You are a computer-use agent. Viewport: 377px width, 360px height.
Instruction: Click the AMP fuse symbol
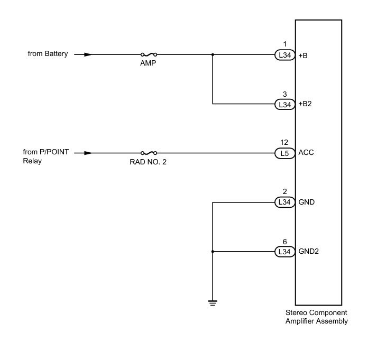point(149,54)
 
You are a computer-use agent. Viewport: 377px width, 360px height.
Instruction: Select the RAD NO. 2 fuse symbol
point(149,153)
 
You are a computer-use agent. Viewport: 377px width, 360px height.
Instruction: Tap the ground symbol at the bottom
point(212,302)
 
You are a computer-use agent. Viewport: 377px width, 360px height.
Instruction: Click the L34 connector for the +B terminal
point(284,54)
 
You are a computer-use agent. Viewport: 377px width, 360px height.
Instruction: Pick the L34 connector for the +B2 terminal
point(284,104)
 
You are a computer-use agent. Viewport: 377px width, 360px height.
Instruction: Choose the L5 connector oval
point(284,153)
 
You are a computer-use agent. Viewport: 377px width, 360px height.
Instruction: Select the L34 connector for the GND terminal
point(284,202)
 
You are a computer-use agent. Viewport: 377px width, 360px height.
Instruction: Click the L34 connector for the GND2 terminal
point(284,252)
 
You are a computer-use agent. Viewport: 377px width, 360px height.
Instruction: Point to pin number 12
point(284,143)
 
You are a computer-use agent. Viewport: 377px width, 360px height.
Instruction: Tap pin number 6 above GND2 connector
point(284,242)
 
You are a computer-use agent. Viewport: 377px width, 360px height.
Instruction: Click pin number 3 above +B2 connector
point(284,94)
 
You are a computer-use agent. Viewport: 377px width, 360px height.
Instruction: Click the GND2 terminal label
point(308,252)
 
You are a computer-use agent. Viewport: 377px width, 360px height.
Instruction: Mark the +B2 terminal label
point(305,104)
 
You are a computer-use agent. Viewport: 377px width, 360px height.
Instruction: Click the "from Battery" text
point(48,54)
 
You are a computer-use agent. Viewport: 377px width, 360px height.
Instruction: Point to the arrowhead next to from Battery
point(88,54)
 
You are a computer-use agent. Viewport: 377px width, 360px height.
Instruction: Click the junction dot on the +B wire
point(212,54)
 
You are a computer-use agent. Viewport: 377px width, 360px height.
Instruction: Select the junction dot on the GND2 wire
point(212,252)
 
